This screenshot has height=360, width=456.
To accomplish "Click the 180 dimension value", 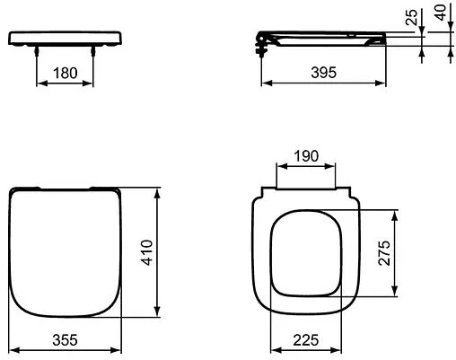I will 65,72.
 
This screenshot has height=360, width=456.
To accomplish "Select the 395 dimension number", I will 324,73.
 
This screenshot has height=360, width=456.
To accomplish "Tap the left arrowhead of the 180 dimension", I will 39,85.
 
